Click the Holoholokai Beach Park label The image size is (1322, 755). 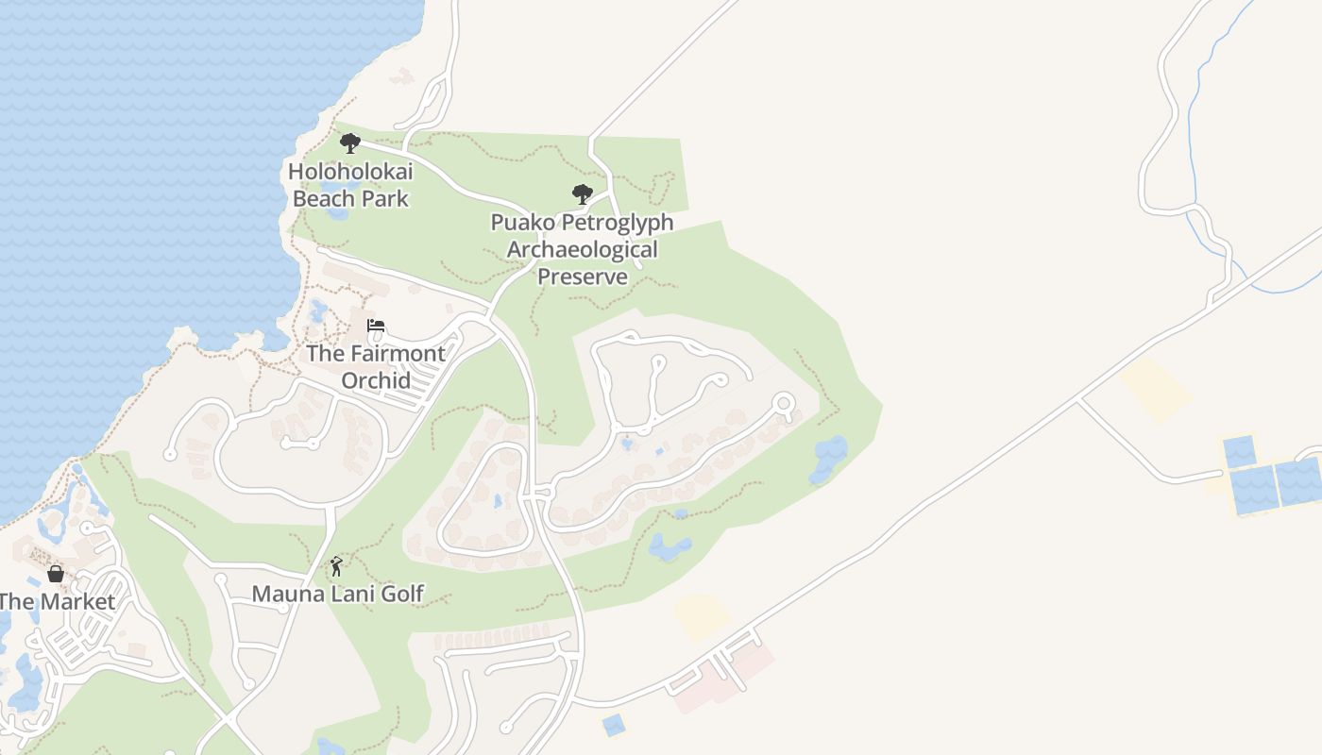click(350, 185)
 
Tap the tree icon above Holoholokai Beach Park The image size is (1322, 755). click(350, 143)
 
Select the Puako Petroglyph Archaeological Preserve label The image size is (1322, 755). click(582, 249)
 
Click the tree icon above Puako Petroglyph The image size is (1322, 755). click(583, 194)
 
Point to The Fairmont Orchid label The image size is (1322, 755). click(376, 366)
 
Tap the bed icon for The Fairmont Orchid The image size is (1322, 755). click(376, 327)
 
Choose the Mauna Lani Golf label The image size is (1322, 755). click(337, 594)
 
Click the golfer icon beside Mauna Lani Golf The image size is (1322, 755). click(336, 566)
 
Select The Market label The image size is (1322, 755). click(57, 601)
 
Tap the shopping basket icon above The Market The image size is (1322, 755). click(56, 574)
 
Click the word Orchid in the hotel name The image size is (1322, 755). click(376, 380)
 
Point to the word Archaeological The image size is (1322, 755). click(582, 250)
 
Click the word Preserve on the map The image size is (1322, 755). click(583, 277)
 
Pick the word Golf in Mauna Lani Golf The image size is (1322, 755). click(401, 594)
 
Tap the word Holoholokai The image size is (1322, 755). click(350, 172)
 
